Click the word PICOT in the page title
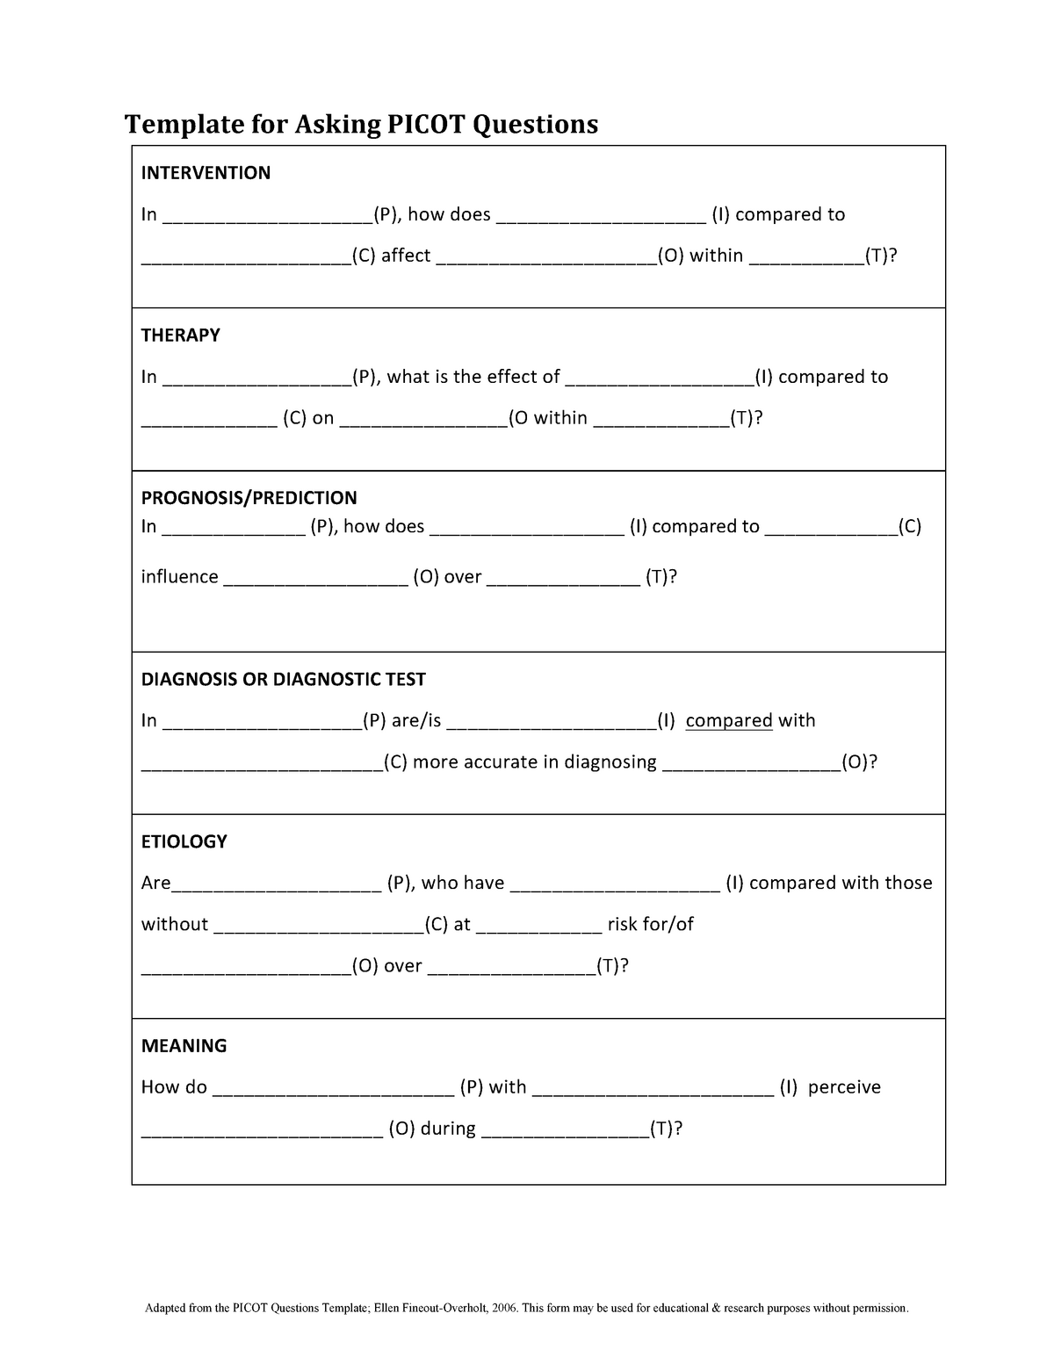425,125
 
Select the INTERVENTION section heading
206,173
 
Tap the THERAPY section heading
180,336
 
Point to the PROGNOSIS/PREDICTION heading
249,498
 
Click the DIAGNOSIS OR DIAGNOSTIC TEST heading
283,679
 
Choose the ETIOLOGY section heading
184,841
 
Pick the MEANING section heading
184,1045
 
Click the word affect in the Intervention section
406,256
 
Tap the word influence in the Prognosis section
179,577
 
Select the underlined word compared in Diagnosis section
728,721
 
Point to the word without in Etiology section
175,925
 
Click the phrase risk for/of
650,925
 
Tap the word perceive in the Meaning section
843,1087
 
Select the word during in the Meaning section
448,1129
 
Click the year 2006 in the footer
503,1309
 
